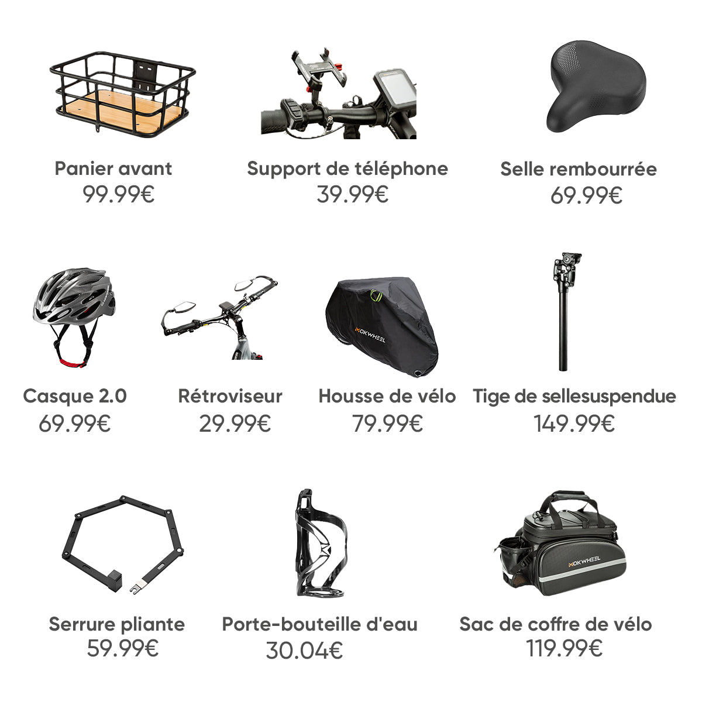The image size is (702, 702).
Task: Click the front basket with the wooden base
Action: [123, 94]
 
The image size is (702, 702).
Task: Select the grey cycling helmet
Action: [73, 298]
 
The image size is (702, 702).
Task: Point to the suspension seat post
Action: [564, 310]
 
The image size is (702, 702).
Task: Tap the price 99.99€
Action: [118, 194]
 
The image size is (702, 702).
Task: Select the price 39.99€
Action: [352, 194]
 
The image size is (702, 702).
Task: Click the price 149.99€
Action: [574, 423]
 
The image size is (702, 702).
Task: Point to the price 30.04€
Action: [304, 650]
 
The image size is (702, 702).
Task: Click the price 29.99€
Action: [235, 423]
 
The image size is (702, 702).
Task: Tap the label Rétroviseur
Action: [230, 396]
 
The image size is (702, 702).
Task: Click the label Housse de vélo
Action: [387, 396]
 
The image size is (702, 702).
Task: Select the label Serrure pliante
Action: [116, 624]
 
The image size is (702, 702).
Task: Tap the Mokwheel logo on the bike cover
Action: [370, 334]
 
